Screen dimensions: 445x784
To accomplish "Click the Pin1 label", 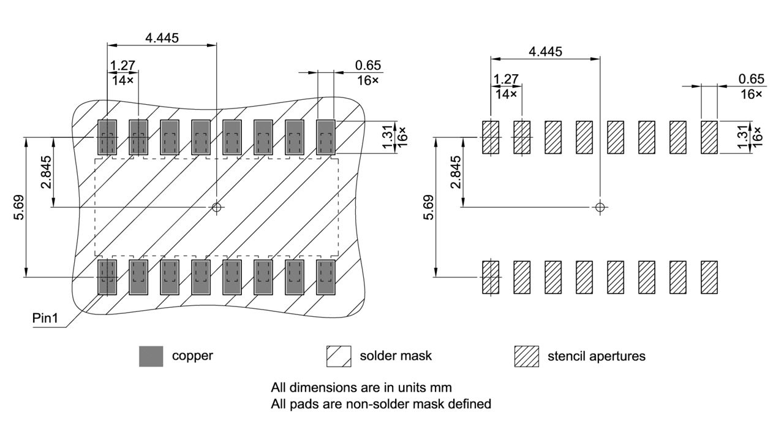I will coord(47,319).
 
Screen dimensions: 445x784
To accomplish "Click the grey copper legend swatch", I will coord(151,356).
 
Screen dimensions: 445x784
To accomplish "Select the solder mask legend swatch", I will coord(339,356).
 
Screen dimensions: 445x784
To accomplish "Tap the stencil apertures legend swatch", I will coord(527,356).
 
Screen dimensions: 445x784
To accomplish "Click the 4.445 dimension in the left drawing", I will coord(162,38).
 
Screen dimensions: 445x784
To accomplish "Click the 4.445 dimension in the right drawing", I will coord(545,51).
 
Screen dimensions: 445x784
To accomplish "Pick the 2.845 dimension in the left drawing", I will coord(47,173).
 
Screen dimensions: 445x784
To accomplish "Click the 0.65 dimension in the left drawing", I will coord(367,66).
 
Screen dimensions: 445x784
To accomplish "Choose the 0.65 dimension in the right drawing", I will coord(751,79).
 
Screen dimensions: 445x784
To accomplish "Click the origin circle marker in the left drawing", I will coord(216,207).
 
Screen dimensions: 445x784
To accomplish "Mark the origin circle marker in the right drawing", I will coord(600,207).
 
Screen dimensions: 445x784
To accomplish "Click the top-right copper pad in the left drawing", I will coord(326,137).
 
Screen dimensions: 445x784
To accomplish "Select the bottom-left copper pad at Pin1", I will coord(107,277).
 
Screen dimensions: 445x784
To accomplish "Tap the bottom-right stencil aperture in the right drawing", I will coord(709,277).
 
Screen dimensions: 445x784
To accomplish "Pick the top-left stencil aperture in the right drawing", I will coord(491,137).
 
